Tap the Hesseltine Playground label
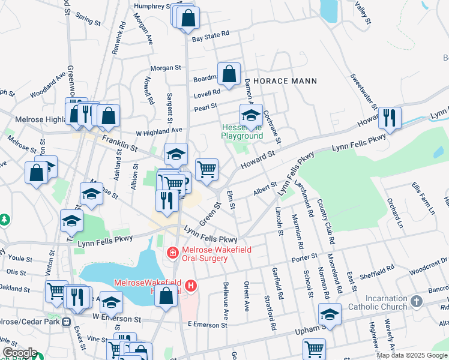[243, 131]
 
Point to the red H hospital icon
[191, 286]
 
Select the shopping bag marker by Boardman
[229, 74]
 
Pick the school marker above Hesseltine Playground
[251, 115]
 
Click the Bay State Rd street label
[211, 38]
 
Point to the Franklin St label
[120, 143]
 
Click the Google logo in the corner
[20, 353]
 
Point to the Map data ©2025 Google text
[412, 355]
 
